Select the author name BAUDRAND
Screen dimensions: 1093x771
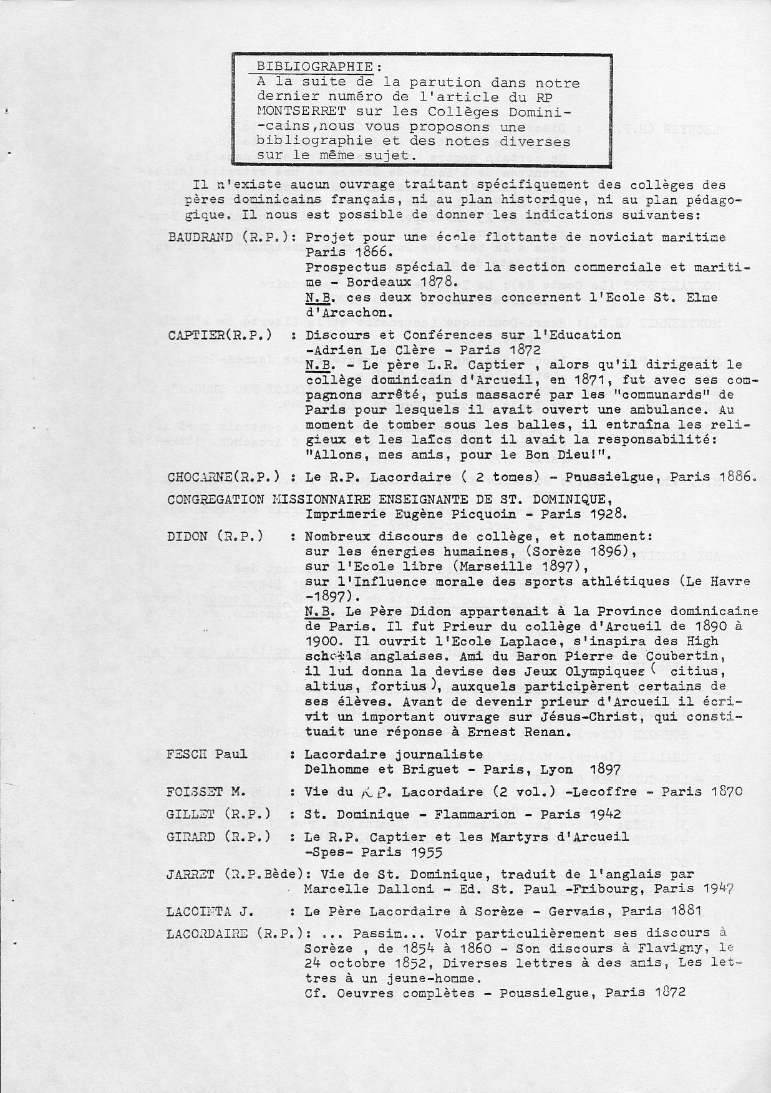(x=201, y=238)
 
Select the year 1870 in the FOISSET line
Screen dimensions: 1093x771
(x=726, y=792)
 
